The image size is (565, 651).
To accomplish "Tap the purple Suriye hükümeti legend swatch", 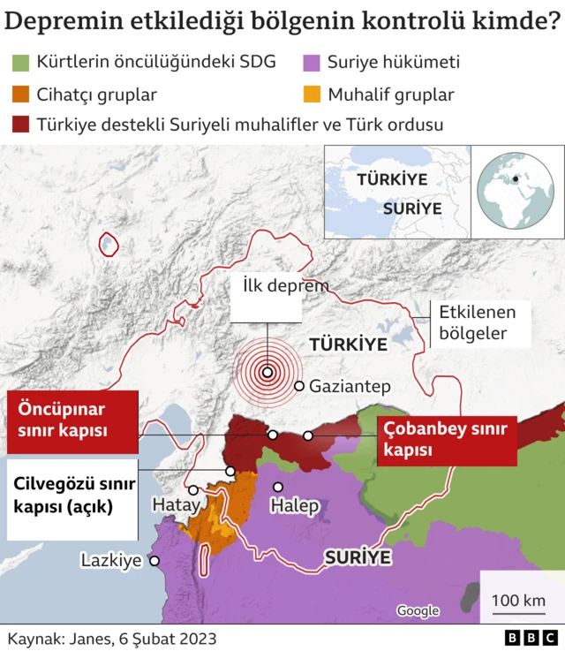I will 310,63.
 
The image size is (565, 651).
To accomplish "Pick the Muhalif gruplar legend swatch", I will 310,94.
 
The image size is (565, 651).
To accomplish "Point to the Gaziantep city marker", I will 299,386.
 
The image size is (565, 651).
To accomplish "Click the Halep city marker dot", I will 278,487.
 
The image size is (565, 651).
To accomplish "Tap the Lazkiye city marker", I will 154,560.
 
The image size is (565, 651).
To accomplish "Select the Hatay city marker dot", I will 193,489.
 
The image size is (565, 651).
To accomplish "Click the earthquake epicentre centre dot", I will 267,372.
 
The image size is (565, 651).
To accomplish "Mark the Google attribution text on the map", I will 418,610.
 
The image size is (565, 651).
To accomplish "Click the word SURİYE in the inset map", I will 412,208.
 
